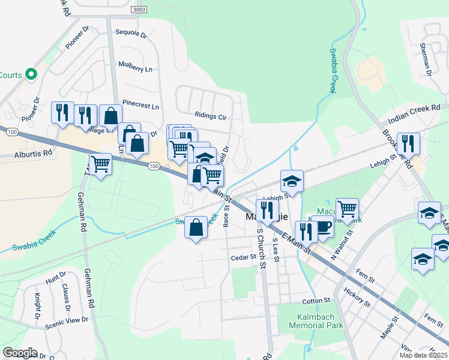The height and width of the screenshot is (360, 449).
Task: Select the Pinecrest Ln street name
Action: click(141, 106)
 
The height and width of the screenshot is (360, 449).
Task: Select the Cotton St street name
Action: click(316, 300)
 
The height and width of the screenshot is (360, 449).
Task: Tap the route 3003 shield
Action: click(139, 10)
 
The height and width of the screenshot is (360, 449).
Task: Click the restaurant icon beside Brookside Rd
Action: click(408, 143)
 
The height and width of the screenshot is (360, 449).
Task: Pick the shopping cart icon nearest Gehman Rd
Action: click(101, 163)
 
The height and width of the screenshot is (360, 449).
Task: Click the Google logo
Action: click(20, 353)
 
